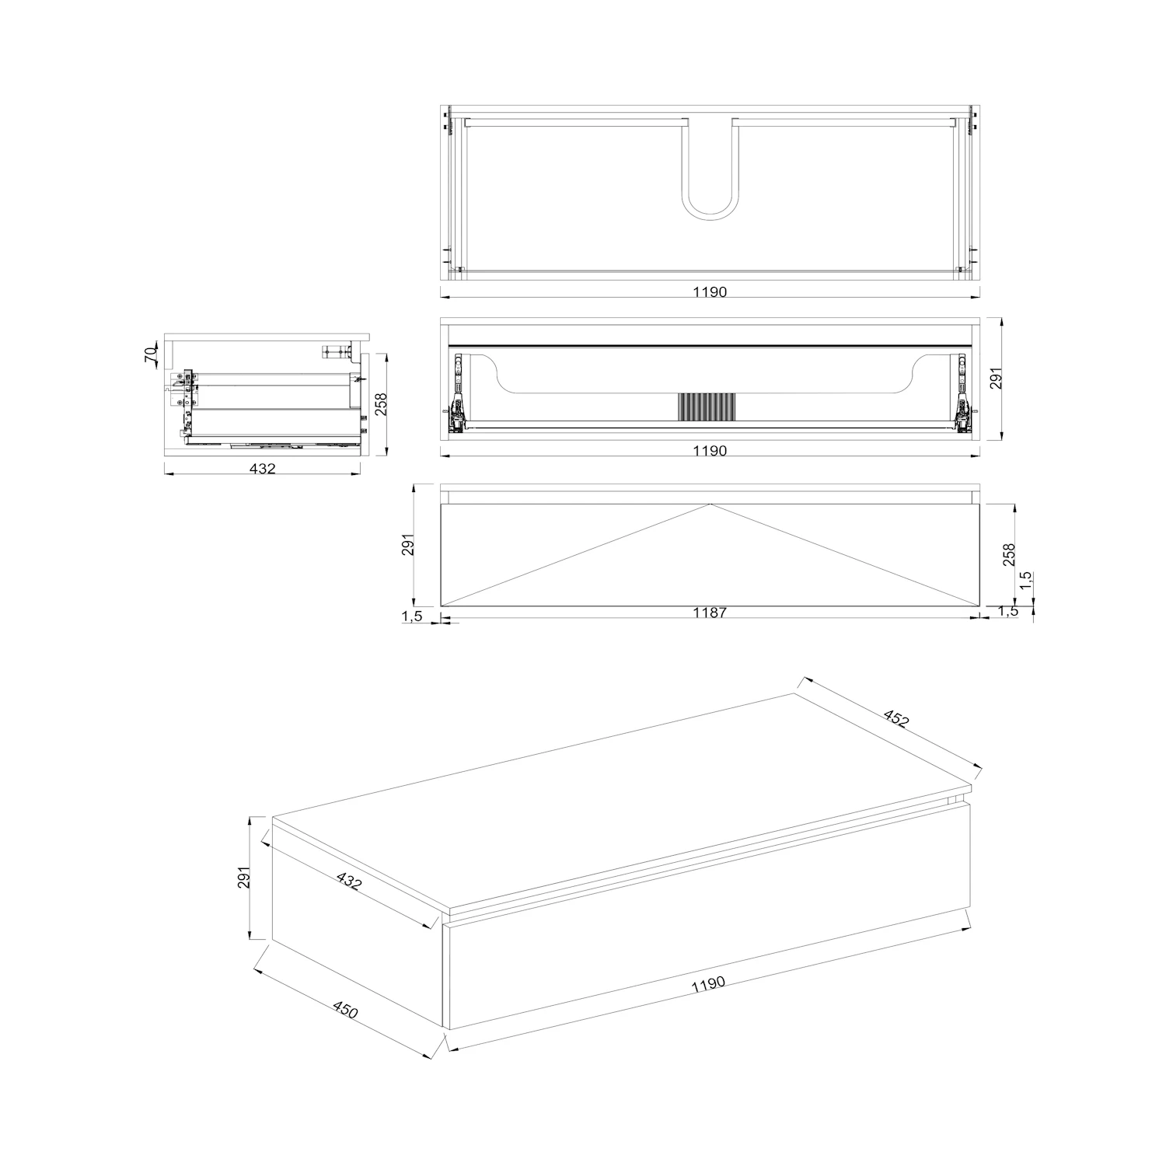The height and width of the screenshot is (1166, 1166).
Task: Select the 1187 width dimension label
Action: [x=710, y=613]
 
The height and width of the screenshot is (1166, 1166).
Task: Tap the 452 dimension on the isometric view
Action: [x=895, y=718]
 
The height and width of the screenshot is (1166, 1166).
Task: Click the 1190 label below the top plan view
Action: [x=710, y=292]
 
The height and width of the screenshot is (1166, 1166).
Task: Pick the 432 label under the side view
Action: [x=263, y=468]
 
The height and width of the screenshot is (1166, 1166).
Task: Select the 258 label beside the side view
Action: [x=381, y=403]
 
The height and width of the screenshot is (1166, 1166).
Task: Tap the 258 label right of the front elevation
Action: [x=1008, y=554]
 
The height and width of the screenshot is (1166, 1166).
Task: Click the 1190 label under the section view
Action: [x=710, y=451]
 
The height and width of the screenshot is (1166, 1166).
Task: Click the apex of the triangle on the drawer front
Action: [x=710, y=504]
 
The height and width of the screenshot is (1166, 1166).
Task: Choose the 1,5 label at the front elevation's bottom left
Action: [x=412, y=616]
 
